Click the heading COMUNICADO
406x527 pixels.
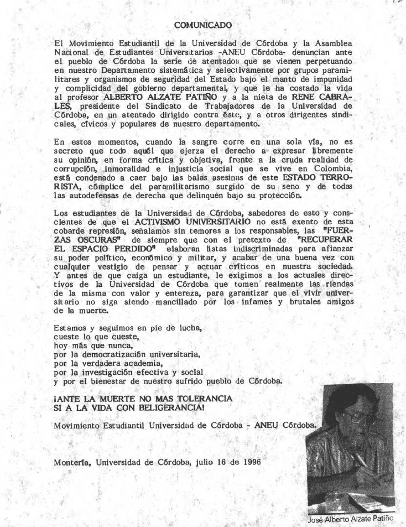pyautogui.click(x=203, y=24)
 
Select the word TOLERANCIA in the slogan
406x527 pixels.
pyautogui.click(x=200, y=399)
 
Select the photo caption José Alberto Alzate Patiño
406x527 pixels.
pyautogui.click(x=350, y=519)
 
